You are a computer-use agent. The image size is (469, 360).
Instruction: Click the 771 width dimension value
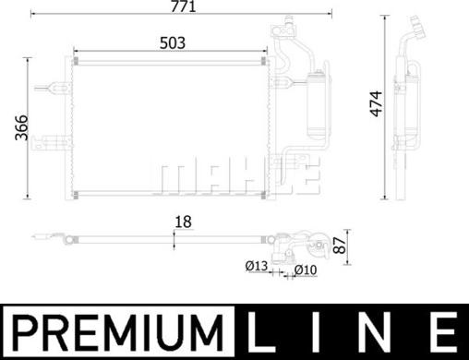pyautogui.click(x=183, y=6)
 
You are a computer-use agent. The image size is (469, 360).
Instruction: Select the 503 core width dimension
pyautogui.click(x=173, y=43)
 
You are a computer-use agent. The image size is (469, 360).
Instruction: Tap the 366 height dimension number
pyautogui.click(x=21, y=127)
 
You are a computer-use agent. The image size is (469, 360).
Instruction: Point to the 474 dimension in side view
pyautogui.click(x=376, y=104)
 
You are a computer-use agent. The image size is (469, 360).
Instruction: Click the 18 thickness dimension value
pyautogui.click(x=183, y=222)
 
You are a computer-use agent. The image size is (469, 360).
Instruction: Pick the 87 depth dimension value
pyautogui.click(x=340, y=245)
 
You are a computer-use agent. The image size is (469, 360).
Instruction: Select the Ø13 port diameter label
pyautogui.click(x=257, y=266)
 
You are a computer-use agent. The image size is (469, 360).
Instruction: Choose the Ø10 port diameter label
pyautogui.click(x=306, y=270)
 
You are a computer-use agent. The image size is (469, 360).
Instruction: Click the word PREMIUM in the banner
pyautogui.click(x=117, y=332)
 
